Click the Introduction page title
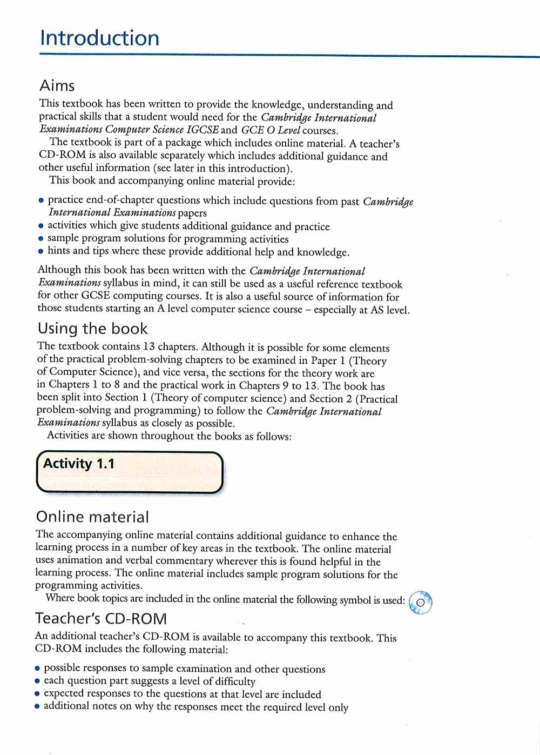pyautogui.click(x=100, y=38)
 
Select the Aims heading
pyautogui.click(x=57, y=86)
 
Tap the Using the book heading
pyautogui.click(x=92, y=329)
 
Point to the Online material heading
pyautogui.click(x=92, y=517)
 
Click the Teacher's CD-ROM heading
pyautogui.click(x=101, y=619)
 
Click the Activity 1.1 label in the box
pyautogui.click(x=79, y=464)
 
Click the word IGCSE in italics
pyautogui.click(x=202, y=130)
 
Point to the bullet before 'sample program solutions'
pyautogui.click(x=40, y=239)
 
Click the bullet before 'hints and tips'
pyautogui.click(x=40, y=251)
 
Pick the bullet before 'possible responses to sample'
pyautogui.click(x=37, y=669)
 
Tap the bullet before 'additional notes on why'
pyautogui.click(x=37, y=706)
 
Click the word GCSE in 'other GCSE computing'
pyautogui.click(x=96, y=296)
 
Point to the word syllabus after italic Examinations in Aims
pyautogui.click(x=120, y=283)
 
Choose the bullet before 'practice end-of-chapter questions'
pyautogui.click(x=41, y=201)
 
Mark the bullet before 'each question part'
pyautogui.click(x=37, y=681)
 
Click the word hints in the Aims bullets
pyautogui.click(x=59, y=251)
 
